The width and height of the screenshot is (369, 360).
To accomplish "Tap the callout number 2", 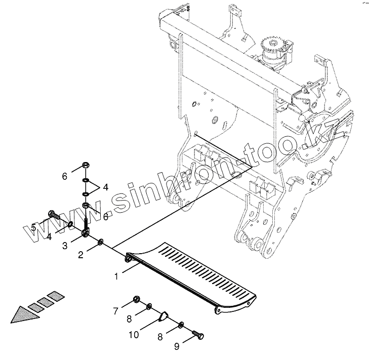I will [x=80, y=255].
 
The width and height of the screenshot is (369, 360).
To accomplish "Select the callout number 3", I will [x=65, y=246].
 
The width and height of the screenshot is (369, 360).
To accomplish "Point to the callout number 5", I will [x=33, y=228].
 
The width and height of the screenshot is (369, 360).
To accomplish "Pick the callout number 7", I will [x=115, y=310].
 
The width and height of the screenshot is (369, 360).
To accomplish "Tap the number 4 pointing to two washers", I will [x=105, y=187].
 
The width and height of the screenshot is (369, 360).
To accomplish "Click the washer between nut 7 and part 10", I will [x=149, y=307].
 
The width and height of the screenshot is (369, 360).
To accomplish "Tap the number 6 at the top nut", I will [x=64, y=176].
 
